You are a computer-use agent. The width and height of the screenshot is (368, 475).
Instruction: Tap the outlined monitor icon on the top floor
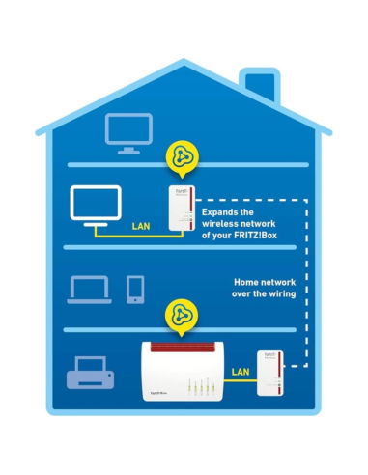[128, 130]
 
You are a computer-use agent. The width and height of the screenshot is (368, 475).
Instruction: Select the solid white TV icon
[95, 205]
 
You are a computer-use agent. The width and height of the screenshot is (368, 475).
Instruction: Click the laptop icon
[84, 288]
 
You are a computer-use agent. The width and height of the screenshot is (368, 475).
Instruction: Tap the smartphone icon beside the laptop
[135, 288]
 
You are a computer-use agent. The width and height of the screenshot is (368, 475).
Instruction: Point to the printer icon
[89, 373]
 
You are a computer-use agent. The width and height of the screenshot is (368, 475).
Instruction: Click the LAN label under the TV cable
[139, 229]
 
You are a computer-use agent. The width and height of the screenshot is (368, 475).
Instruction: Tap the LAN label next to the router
[241, 371]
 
